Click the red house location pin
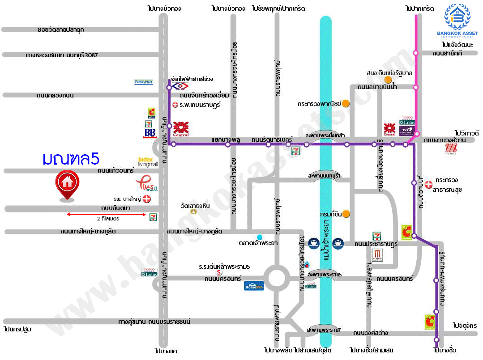[x=67, y=183]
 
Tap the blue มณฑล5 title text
[x=71, y=159]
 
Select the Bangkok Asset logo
[x=457, y=20]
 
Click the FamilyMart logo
[x=144, y=82]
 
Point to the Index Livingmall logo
[x=148, y=161]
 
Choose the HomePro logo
[x=254, y=285]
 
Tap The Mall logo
[x=450, y=149]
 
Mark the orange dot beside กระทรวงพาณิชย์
[x=346, y=104]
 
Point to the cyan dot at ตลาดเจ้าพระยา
[x=259, y=237]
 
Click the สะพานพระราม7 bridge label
[x=324, y=330]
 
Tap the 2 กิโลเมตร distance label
[x=107, y=219]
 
